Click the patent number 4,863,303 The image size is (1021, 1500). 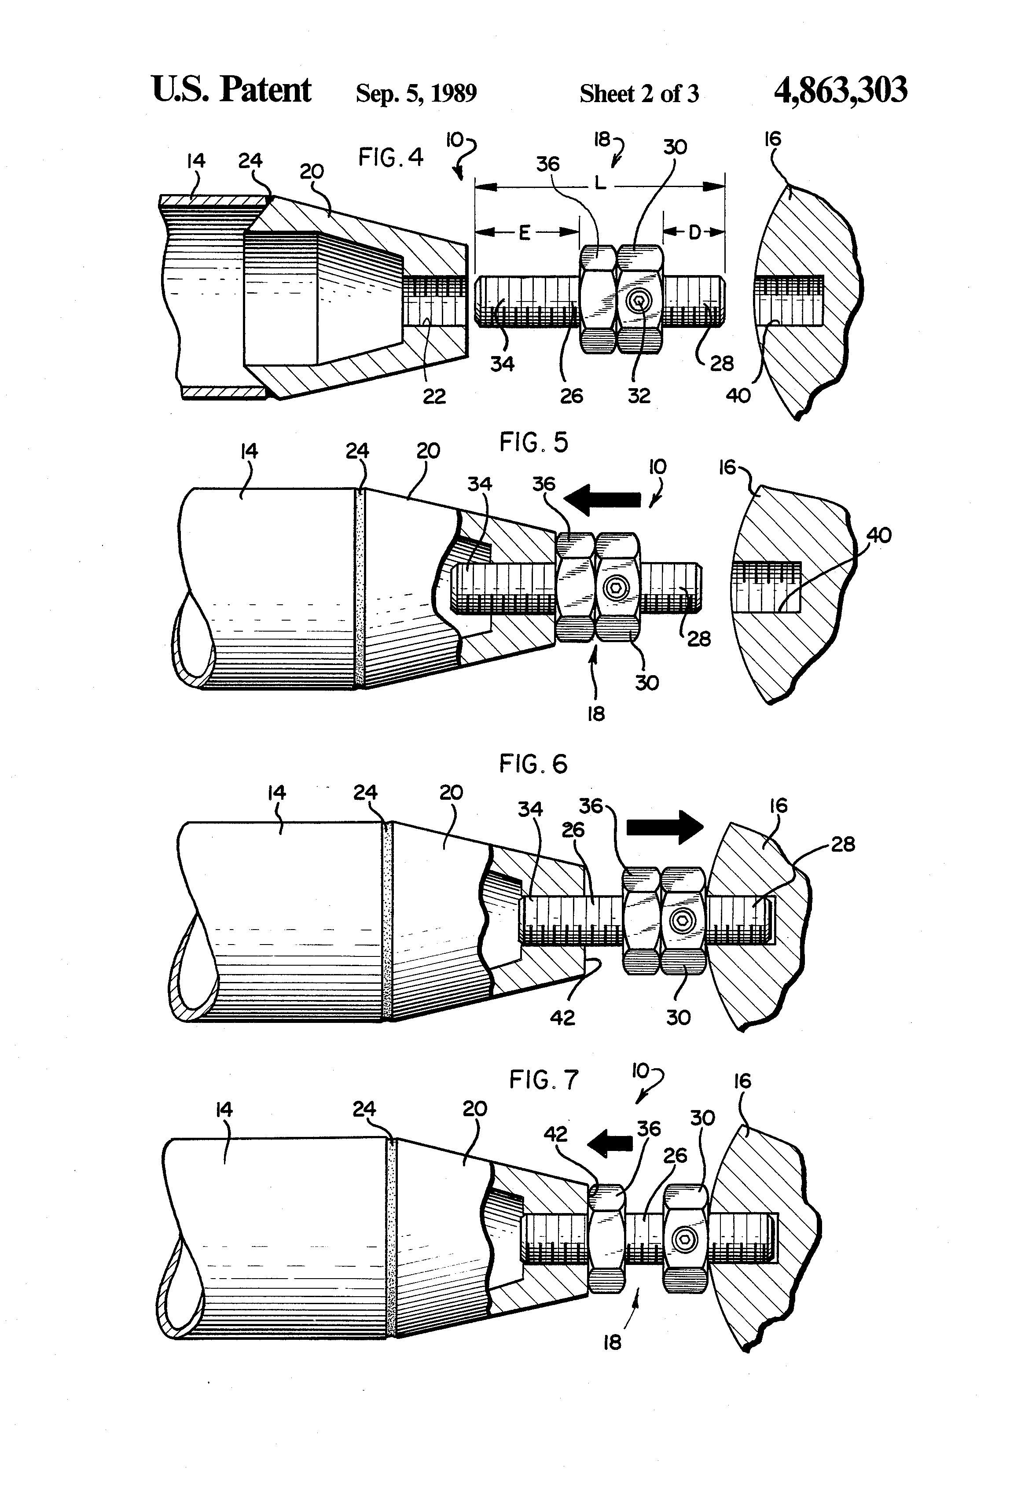[x=840, y=90]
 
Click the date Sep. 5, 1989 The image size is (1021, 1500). [x=416, y=94]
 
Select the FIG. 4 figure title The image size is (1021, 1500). [x=391, y=158]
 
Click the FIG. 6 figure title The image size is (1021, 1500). [x=533, y=764]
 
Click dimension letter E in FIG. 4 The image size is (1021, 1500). [x=524, y=233]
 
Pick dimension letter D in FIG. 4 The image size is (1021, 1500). [x=694, y=232]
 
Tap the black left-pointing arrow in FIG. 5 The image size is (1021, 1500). [x=603, y=500]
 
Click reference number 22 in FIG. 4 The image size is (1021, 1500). [x=433, y=396]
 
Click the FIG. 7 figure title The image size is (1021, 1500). [x=544, y=1080]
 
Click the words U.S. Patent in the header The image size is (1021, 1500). [x=231, y=90]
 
